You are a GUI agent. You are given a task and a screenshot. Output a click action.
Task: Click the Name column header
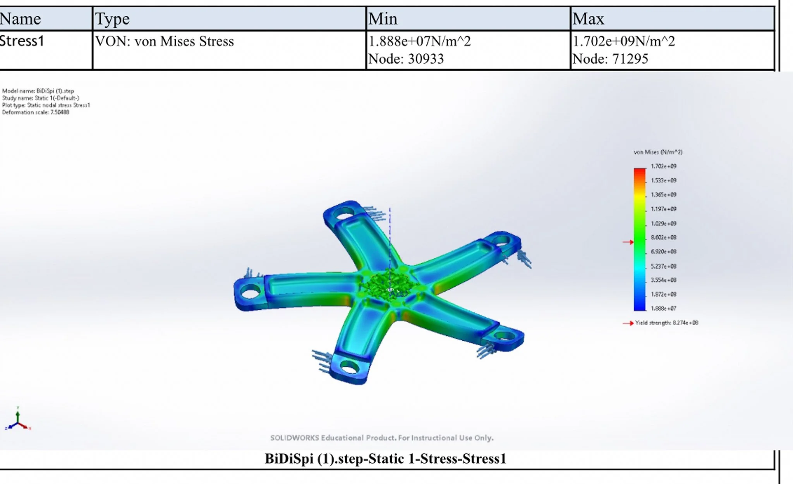[20, 19]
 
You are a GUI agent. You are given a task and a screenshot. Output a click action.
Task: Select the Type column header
[112, 19]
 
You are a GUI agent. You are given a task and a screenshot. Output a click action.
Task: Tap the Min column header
[383, 19]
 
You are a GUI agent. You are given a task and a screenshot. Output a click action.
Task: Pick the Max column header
[588, 19]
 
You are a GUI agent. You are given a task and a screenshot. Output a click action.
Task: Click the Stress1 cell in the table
[22, 41]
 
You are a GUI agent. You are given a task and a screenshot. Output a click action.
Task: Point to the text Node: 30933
[406, 59]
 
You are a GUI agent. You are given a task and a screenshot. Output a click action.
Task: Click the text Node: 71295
[610, 59]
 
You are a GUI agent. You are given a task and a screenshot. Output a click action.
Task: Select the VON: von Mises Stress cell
[165, 41]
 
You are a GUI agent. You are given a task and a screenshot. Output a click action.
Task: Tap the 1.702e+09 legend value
[664, 166]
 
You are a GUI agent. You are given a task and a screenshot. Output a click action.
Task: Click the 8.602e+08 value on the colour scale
[664, 237]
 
